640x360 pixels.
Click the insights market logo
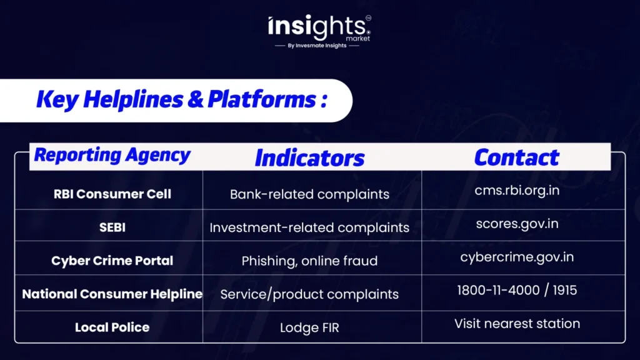pos(319,27)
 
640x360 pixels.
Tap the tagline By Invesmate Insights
pos(317,46)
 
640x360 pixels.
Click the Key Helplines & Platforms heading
pos(182,99)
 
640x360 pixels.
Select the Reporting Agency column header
pos(112,156)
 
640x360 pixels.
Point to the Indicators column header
pos(309,158)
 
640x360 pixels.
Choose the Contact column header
pos(516,157)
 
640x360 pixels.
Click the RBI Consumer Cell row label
pos(112,194)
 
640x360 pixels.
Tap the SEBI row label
pos(112,227)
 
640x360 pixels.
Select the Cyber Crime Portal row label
pos(112,261)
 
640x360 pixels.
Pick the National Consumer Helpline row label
pos(112,294)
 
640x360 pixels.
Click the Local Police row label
pos(112,327)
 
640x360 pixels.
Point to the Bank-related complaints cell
pos(309,194)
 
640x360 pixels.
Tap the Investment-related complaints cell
pos(309,227)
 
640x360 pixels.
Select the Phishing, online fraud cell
pos(309,261)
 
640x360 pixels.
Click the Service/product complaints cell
pos(309,294)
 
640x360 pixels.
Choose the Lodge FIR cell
pos(309,327)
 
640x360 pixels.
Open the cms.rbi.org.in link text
pos(517,191)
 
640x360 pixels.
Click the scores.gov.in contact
pos(517,224)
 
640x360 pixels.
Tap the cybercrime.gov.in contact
pos(517,257)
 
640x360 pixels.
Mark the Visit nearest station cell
pos(517,324)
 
